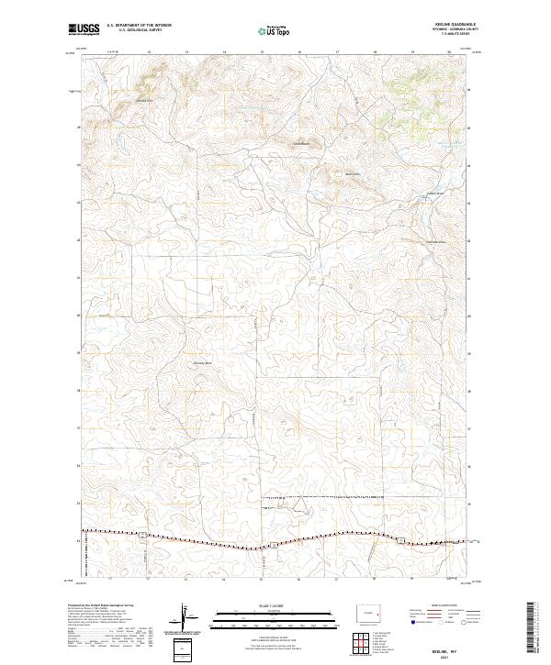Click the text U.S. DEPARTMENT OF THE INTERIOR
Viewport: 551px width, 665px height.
[139, 26]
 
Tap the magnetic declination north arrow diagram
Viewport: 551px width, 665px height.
[184, 617]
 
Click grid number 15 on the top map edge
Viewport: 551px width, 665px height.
[262, 52]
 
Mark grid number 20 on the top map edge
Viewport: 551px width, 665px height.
[449, 52]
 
